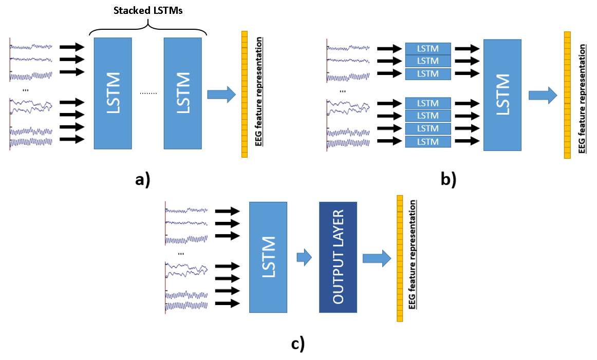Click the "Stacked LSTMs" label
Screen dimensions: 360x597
148,10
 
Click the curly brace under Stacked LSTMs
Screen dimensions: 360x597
148,28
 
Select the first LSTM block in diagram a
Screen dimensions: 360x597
113,93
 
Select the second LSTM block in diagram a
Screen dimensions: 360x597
183,93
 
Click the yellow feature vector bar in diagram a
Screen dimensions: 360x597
245,94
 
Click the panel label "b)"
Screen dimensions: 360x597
448,179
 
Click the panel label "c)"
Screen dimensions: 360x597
298,344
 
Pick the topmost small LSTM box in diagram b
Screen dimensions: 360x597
428,49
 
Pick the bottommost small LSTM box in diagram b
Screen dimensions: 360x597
428,141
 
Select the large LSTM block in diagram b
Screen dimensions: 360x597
502,94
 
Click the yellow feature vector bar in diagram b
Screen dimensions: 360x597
567,95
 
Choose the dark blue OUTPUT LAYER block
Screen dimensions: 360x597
338,257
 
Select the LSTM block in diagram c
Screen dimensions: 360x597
268,257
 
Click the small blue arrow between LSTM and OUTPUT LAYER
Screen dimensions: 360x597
305,257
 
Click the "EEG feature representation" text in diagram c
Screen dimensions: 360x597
413,258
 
